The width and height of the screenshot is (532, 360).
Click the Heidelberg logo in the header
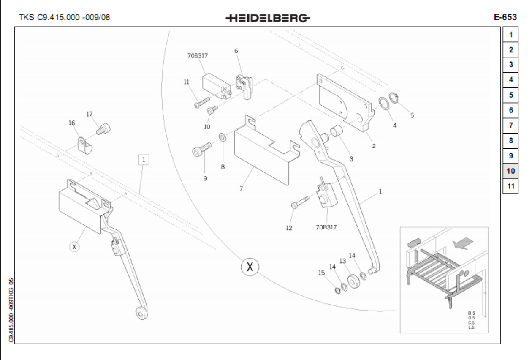268,18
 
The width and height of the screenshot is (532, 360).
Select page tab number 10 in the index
511,171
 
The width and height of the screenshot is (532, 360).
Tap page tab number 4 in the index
511,80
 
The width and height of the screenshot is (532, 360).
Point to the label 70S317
198,55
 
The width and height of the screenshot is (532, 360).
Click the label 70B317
326,226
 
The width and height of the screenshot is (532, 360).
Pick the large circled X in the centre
250,267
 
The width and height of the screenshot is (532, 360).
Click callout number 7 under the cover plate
241,189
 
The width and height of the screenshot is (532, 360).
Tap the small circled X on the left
75,247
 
